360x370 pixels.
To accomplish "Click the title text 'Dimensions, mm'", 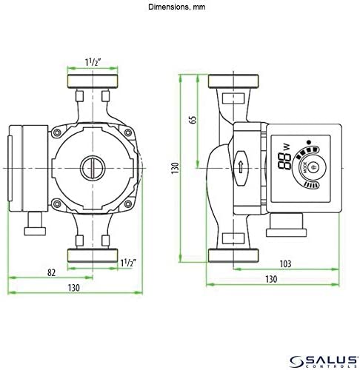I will click(180, 7).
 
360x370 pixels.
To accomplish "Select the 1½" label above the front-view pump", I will click(93, 61).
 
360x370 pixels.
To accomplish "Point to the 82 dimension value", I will click(51, 272).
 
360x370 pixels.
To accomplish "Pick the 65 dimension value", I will click(193, 119).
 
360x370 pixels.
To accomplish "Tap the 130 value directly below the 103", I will click(271, 280).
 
